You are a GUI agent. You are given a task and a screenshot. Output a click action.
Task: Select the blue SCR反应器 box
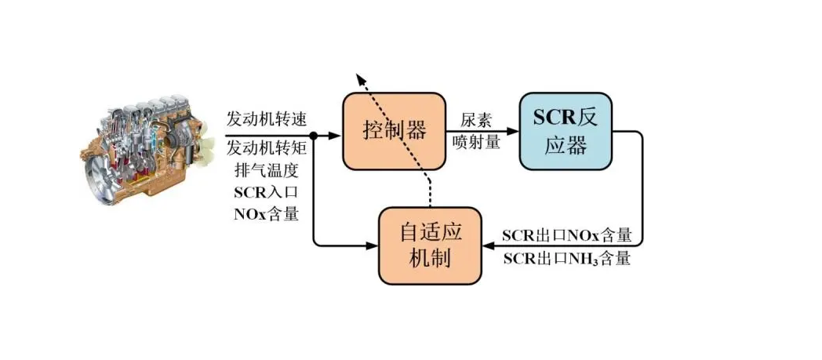566,131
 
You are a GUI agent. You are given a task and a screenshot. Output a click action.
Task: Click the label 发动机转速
267,118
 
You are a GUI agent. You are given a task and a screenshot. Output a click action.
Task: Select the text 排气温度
267,170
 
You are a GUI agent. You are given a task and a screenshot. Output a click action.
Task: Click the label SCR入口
267,192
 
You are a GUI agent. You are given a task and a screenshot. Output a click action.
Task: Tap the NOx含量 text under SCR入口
267,213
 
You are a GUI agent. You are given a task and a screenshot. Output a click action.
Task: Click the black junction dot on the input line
313,135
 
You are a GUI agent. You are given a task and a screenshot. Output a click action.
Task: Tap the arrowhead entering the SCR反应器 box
515,132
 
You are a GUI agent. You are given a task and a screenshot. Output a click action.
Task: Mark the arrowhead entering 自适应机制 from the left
373,245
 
